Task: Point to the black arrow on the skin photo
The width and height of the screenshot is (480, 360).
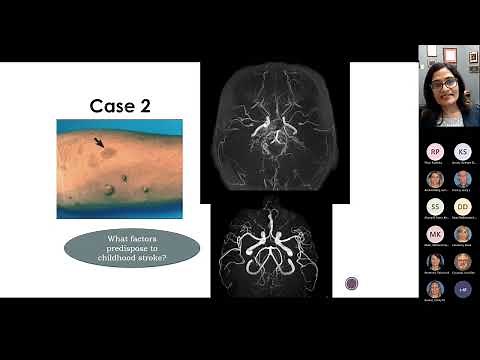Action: pos(100,144)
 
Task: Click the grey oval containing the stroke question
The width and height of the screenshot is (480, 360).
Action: pos(131,248)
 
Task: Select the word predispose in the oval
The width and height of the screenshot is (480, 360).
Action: pos(132,247)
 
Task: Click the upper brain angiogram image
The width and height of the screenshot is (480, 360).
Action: pos(275,128)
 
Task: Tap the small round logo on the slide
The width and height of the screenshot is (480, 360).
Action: pos(352,283)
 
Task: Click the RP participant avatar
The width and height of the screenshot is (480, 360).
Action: pos(435,152)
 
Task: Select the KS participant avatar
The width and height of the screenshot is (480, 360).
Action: pos(462,152)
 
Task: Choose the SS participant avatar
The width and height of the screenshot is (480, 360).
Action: pos(435,207)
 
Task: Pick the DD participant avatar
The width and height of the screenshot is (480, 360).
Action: pos(462,207)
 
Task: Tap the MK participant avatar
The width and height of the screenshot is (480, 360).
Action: pos(435,234)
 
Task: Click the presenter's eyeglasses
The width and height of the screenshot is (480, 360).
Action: pos(444,83)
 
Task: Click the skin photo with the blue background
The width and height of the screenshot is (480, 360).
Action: pos(119,168)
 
